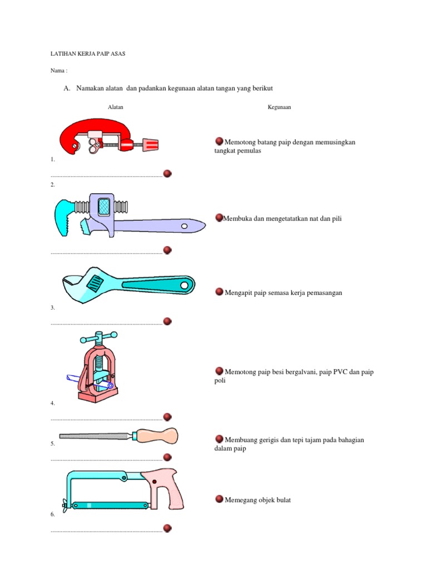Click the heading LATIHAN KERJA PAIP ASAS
tap(88, 54)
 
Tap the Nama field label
tap(59, 71)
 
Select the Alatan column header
tap(116, 107)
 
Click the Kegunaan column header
tap(279, 107)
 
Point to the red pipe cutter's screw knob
tap(150, 145)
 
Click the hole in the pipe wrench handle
tap(184, 227)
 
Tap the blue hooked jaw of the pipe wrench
tap(62, 218)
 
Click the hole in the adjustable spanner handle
tap(185, 286)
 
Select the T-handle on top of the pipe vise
tap(99, 337)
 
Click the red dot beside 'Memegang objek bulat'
tap(219, 499)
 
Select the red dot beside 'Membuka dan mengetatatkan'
tap(219, 218)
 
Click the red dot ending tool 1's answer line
tap(167, 174)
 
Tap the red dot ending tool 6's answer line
tap(167, 528)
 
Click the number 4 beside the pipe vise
tap(52, 403)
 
